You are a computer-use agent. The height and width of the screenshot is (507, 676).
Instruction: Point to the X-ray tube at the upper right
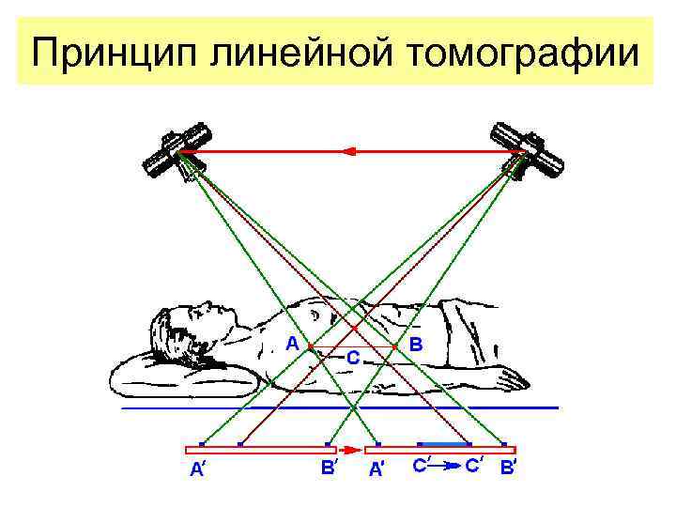(531, 150)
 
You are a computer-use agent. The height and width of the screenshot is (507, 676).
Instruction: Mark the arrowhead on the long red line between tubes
(349, 150)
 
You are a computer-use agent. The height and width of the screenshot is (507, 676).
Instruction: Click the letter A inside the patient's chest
(292, 344)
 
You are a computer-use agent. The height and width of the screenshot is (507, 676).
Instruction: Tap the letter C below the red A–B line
(352, 358)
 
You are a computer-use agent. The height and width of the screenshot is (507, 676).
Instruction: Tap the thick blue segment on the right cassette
(445, 443)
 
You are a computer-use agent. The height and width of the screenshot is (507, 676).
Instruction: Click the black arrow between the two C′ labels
(449, 464)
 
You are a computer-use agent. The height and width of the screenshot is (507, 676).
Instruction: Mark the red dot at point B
(394, 346)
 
